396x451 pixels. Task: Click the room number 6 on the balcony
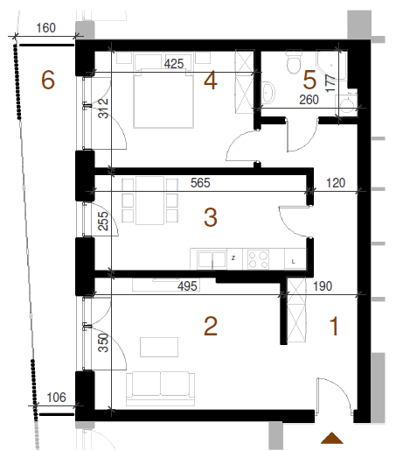coord(48,80)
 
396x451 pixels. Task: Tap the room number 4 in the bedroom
coord(211,81)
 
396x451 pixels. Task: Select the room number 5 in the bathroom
coord(309,80)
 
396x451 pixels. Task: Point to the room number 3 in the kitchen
coord(211,217)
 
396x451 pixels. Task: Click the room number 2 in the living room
coord(211,326)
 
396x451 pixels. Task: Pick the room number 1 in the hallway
coord(334,326)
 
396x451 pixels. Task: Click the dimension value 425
coord(174,64)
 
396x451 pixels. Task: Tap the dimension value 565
coord(200,183)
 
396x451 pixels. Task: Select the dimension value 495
coord(187,285)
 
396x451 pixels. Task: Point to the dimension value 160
coord(45,28)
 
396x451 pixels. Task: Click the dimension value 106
coord(57,398)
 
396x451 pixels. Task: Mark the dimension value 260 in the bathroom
coord(309,100)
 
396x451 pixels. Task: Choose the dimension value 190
coord(323,286)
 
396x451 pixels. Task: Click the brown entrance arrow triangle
coord(332,439)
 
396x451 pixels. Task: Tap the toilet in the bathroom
coord(293,62)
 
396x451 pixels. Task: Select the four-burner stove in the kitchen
coord(259,259)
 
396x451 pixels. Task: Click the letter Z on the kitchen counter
coord(233,258)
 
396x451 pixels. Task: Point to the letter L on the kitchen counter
coord(294,262)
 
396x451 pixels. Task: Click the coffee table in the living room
coord(159,347)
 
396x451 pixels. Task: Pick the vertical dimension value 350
coord(103,343)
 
